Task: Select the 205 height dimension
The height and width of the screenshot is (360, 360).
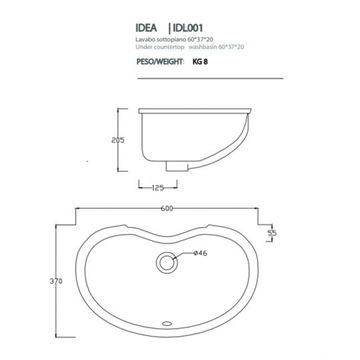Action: (118, 140)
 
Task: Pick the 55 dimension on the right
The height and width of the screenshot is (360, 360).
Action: (272, 233)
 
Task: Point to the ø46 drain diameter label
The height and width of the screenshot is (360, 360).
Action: (183, 253)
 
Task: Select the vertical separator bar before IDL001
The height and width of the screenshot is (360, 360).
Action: (170, 29)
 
